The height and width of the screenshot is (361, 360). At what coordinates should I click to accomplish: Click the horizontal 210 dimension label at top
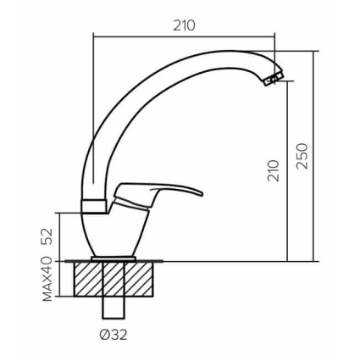pyautogui.click(x=184, y=26)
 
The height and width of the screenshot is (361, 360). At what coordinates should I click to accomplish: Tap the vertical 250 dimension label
pyautogui.click(x=302, y=156)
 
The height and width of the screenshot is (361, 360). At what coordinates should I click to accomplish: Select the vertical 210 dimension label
pyautogui.click(x=274, y=170)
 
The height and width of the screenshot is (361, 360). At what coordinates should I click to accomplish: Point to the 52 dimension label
pyautogui.click(x=47, y=236)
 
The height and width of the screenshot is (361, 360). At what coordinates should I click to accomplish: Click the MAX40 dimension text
pyautogui.click(x=47, y=279)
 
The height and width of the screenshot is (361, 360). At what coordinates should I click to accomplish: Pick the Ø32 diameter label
pyautogui.click(x=114, y=336)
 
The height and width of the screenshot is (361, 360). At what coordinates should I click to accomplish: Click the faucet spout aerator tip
pyautogui.click(x=274, y=78)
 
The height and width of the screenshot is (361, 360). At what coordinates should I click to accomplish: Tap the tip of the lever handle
pyautogui.click(x=202, y=194)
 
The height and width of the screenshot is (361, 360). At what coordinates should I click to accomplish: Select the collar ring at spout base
pyautogui.click(x=93, y=207)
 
